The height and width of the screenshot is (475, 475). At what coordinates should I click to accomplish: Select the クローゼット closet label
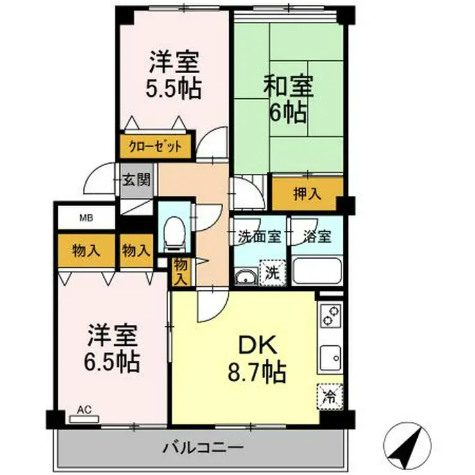155,146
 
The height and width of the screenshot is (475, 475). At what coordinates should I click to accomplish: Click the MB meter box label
86,218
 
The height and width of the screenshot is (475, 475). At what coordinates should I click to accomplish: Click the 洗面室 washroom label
259,236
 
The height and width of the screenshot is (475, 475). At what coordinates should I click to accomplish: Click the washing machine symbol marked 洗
272,272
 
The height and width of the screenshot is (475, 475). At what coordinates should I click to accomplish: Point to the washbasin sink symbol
245,277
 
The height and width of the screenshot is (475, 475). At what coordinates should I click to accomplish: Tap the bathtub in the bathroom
318,271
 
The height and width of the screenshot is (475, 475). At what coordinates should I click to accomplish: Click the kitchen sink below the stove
331,355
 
